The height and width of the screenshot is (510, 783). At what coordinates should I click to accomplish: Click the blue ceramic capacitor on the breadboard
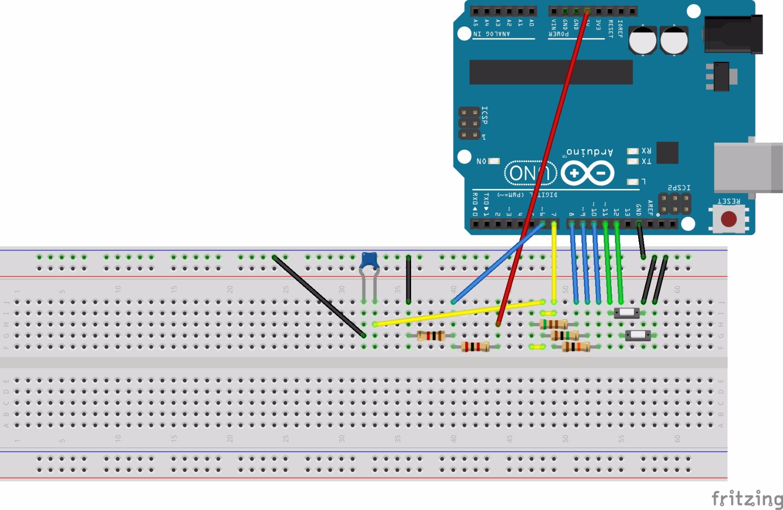(x=369, y=260)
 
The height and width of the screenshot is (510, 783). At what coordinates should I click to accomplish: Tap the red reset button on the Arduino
(x=728, y=219)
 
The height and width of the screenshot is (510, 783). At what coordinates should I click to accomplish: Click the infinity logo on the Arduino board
(x=588, y=173)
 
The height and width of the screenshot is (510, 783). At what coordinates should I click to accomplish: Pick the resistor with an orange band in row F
(x=576, y=347)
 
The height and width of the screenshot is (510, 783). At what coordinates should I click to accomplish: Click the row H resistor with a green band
(x=554, y=324)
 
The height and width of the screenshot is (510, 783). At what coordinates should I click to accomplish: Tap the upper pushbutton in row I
(x=627, y=313)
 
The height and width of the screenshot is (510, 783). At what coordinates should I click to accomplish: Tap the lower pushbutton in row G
(x=638, y=335)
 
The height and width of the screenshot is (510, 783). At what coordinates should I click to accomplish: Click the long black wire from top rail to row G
(x=319, y=296)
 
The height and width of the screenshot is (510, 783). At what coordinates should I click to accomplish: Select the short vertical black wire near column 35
(x=408, y=280)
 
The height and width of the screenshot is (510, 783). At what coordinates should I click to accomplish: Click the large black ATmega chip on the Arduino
(x=551, y=72)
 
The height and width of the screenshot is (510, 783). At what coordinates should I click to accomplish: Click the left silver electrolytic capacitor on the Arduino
(x=642, y=40)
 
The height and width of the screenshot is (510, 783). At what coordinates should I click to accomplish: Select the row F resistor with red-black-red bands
(x=475, y=347)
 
